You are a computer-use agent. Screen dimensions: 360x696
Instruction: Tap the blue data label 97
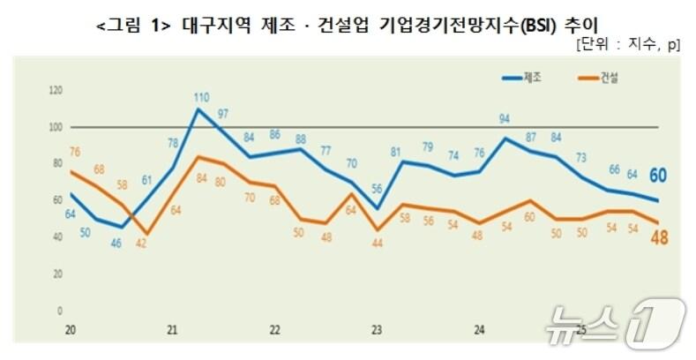(224, 114)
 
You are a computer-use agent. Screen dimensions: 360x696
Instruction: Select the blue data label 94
(505, 119)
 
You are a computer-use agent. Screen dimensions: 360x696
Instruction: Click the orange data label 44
(377, 244)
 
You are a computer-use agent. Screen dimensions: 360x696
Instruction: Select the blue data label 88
(300, 139)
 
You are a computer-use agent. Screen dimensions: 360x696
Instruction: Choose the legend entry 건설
(608, 79)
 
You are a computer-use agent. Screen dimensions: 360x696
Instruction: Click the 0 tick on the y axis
(60, 311)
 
